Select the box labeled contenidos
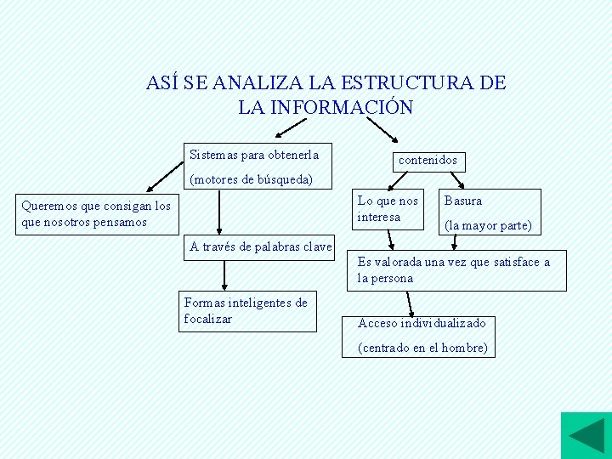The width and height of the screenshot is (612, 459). pyautogui.click(x=428, y=160)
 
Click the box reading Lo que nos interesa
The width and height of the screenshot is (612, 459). pyautogui.click(x=388, y=209)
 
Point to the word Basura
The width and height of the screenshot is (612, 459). pyautogui.click(x=463, y=201)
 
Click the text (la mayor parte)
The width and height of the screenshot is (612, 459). pyautogui.click(x=488, y=226)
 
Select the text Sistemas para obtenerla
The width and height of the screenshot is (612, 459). pyautogui.click(x=254, y=156)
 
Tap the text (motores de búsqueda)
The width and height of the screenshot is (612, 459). pyautogui.click(x=251, y=180)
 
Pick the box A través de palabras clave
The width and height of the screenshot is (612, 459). pyautogui.click(x=261, y=247)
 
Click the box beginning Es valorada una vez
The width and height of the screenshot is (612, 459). pyautogui.click(x=455, y=270)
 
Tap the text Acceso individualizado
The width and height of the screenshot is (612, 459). pyautogui.click(x=422, y=323)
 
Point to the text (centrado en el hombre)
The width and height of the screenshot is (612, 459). pyautogui.click(x=422, y=348)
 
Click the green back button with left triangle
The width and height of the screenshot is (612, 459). pyautogui.click(x=586, y=435)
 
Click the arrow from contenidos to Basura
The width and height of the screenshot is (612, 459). pyautogui.click(x=456, y=180)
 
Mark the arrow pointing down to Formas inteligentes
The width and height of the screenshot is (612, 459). pyautogui.click(x=224, y=276)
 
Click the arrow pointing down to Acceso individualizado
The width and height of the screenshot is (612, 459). pyautogui.click(x=411, y=304)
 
